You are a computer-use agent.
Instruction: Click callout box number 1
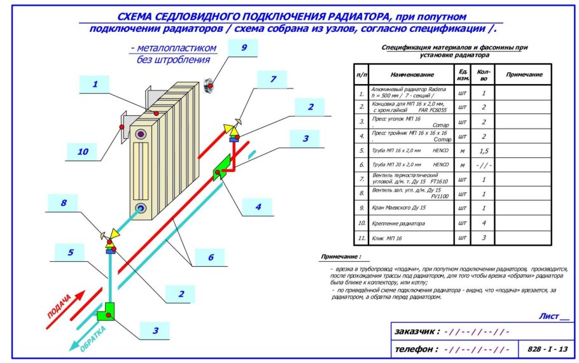pyautogui.click(x=95, y=83)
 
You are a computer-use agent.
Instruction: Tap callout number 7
pyautogui.click(x=274, y=80)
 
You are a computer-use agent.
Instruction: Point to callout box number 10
pyautogui.click(x=83, y=152)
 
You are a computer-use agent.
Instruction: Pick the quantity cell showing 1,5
pyautogui.click(x=484, y=150)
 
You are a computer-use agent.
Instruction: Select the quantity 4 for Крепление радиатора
pyautogui.click(x=484, y=224)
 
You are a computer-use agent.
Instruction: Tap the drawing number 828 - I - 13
pyautogui.click(x=547, y=349)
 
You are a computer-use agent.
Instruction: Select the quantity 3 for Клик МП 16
pyautogui.click(x=484, y=238)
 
